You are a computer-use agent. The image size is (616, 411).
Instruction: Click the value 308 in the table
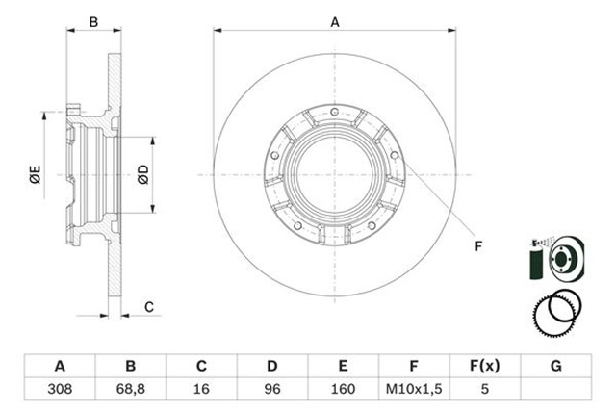click(60, 389)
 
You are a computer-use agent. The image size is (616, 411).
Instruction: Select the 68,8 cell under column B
click(131, 389)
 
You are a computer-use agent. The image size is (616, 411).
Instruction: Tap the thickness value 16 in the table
click(201, 389)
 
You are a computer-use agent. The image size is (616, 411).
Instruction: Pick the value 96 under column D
click(271, 389)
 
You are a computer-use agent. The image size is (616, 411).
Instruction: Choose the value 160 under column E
click(343, 389)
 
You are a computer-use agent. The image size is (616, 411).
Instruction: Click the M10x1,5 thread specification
click(414, 389)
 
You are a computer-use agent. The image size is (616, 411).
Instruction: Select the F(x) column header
click(485, 366)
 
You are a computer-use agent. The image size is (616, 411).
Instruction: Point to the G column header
click(556, 366)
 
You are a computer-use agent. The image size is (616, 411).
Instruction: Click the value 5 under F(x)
click(485, 389)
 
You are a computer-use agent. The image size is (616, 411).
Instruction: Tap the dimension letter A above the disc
click(335, 22)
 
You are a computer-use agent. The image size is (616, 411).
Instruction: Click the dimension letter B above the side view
click(93, 22)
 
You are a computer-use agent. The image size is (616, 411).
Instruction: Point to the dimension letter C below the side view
click(149, 307)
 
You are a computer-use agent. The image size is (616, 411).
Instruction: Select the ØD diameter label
click(143, 174)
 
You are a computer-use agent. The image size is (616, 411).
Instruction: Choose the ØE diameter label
click(35, 174)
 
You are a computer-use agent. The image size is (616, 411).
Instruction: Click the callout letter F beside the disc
click(478, 246)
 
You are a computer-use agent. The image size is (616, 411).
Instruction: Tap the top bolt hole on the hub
click(334, 112)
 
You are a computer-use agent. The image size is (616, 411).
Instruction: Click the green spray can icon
click(535, 260)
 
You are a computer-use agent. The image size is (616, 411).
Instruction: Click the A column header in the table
click(60, 366)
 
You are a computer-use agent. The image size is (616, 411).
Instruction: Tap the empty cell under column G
click(556, 389)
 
